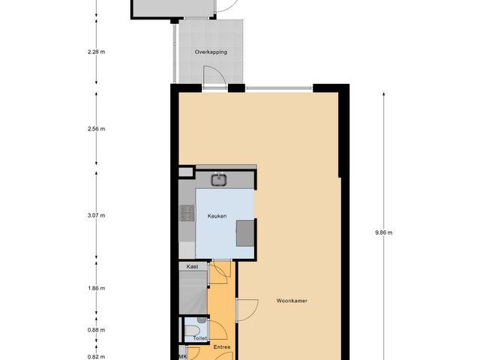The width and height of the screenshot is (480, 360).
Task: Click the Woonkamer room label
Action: [x=292, y=301]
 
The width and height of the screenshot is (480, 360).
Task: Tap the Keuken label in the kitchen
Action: [x=217, y=216]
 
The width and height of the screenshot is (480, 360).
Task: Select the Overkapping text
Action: [x=210, y=52]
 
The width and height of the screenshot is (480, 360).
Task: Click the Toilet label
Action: [x=200, y=338]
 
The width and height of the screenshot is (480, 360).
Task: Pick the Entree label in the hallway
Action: [x=222, y=346]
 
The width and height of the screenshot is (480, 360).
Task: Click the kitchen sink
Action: [x=219, y=178]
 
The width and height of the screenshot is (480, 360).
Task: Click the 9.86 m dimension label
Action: [x=384, y=232]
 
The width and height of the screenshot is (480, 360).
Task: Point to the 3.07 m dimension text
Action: [x=96, y=215]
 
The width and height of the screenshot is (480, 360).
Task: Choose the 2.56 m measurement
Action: [x=96, y=128]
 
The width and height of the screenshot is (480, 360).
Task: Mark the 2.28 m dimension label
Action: [x=96, y=52]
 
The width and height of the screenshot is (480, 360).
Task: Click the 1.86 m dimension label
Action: [x=96, y=288]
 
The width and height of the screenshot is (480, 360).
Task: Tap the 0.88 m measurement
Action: [x=96, y=329]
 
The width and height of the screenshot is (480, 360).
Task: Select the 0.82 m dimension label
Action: [x=96, y=357]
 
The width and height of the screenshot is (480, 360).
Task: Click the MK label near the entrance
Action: [x=182, y=357]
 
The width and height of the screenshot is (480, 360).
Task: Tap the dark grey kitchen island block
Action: [x=245, y=232]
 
